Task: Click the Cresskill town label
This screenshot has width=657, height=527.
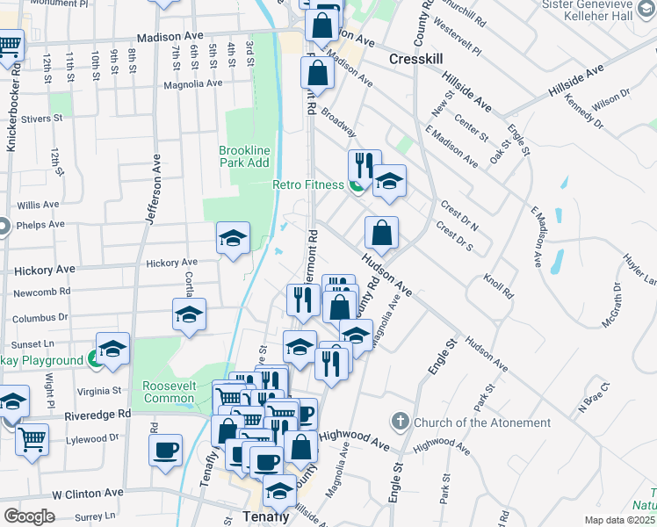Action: tap(418, 58)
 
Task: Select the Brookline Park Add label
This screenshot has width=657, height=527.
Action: tap(244, 156)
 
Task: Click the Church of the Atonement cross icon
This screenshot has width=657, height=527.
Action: tap(401, 422)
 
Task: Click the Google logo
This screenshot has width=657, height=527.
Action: tap(29, 516)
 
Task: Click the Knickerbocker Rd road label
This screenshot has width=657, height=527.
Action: tap(11, 111)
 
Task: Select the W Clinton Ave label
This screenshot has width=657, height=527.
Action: tap(86, 495)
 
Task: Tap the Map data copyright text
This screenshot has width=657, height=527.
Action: tap(620, 520)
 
